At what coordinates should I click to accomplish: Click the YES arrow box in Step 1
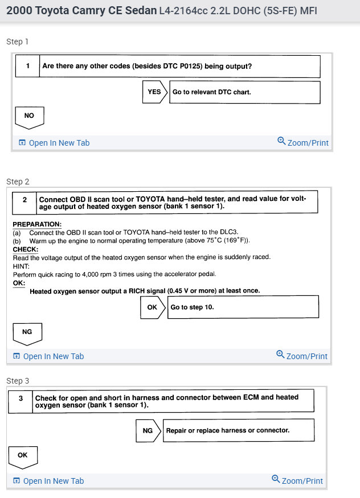154,92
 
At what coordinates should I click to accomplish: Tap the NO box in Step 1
29,116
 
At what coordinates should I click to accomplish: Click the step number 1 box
27,66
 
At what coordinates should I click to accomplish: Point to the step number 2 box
24,200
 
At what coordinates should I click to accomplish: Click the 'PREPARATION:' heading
37,224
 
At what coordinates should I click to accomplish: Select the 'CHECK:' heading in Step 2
26,249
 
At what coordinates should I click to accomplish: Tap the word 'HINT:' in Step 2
21,265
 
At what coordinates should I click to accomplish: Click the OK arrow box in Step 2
152,307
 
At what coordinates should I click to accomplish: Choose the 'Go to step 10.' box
244,307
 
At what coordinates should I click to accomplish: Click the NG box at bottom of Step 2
27,332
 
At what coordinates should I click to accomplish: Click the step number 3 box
21,399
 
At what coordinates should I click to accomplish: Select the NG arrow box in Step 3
148,431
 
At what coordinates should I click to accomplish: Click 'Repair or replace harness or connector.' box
239,431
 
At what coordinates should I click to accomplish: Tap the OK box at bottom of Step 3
23,455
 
